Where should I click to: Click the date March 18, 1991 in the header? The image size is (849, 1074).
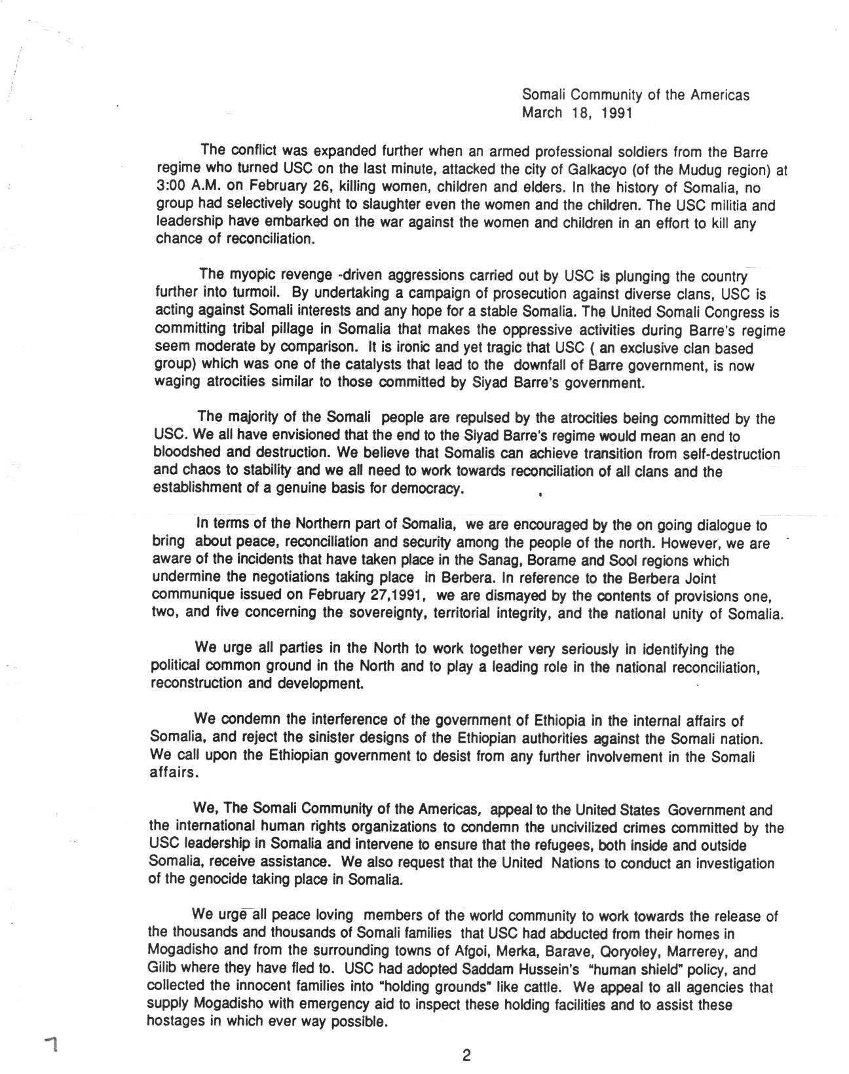click(x=576, y=113)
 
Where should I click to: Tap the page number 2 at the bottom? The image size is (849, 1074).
click(x=466, y=1055)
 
